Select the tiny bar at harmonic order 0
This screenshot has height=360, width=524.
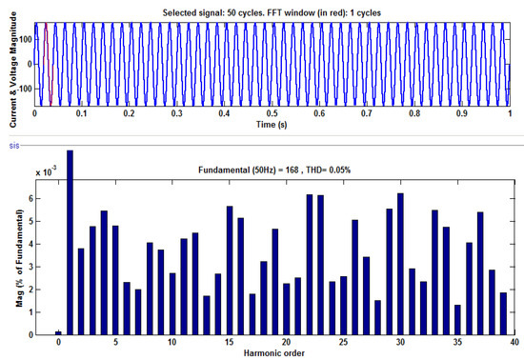click(x=58, y=332)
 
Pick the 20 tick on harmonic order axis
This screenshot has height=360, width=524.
click(x=286, y=343)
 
